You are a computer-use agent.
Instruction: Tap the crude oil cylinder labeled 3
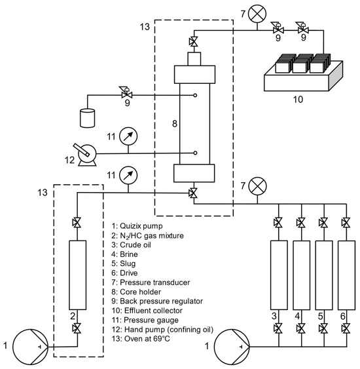[279, 275]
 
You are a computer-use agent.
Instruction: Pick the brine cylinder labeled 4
[302, 275]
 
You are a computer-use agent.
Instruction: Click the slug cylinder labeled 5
[324, 275]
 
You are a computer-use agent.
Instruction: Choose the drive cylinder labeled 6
[346, 275]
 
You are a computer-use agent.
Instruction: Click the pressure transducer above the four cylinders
[260, 185]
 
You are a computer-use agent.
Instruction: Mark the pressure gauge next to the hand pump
[130, 136]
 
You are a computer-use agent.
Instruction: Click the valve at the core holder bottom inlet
[193, 193]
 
